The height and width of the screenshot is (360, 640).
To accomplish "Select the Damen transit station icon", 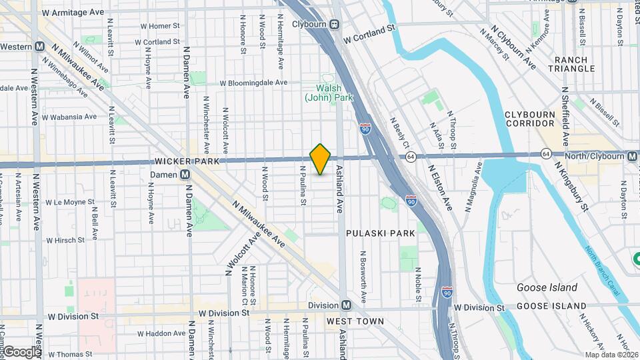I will tap(185, 175).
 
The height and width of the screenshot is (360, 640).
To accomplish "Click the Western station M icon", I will tap(40, 47).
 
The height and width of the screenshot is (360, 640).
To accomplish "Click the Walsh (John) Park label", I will tap(328, 93).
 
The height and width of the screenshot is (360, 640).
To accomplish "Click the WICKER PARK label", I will tap(182, 161).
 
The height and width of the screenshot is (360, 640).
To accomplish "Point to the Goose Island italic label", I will tap(547, 287).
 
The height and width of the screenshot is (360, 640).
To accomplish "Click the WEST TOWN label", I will tap(355, 321).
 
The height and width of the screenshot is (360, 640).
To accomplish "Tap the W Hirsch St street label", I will tap(65, 240).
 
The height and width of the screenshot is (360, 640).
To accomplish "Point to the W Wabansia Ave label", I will tap(69, 117).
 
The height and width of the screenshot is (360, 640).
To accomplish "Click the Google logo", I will tap(22, 351).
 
